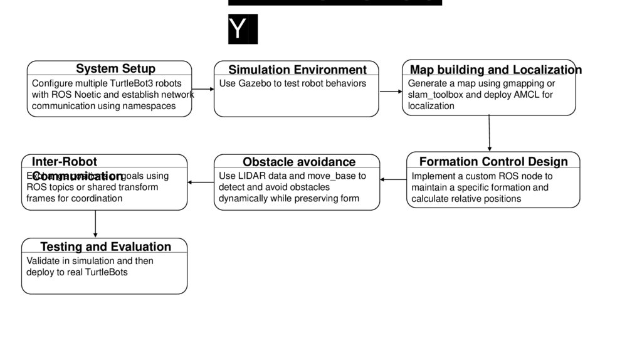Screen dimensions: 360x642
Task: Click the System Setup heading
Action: (115, 68)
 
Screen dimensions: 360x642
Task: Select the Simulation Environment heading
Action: (297, 70)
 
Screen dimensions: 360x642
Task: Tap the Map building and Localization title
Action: (495, 70)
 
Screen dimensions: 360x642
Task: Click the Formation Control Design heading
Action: (493, 161)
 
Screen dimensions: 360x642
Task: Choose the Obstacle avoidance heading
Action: (299, 162)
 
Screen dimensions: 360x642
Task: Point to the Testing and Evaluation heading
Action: (105, 246)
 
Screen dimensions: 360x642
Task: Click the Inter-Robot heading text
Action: (65, 162)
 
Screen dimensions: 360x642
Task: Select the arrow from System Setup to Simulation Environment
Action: (203, 90)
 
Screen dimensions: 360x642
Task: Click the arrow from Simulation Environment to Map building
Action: (391, 92)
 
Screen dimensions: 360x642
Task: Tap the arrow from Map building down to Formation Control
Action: (489, 133)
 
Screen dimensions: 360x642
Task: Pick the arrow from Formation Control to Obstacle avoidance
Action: (393, 180)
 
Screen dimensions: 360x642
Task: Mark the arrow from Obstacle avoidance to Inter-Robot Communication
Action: (201, 183)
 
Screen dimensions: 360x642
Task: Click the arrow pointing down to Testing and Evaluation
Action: (95, 224)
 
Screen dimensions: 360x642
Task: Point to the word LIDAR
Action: (250, 176)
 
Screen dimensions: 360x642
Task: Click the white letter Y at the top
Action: (238, 29)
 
